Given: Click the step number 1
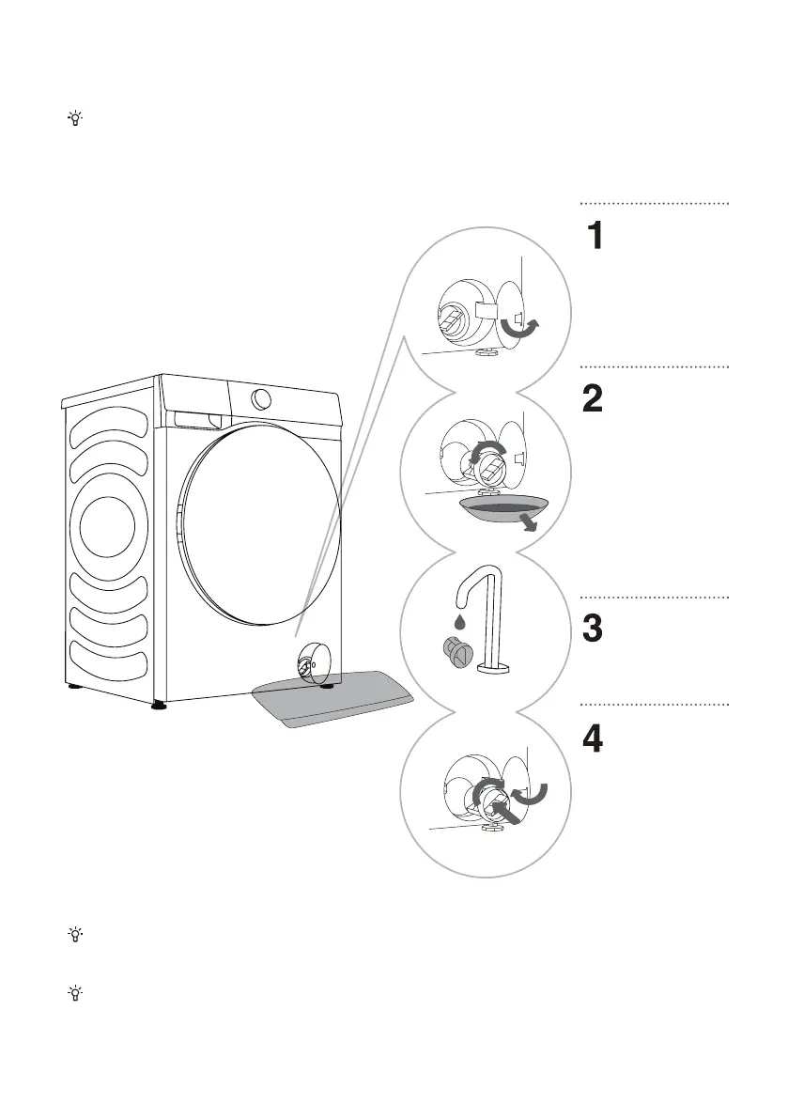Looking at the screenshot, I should tap(595, 236).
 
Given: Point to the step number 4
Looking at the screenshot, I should tap(595, 739).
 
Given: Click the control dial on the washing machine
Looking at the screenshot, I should tap(262, 397).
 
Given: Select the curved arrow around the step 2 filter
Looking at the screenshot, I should tap(487, 454).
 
